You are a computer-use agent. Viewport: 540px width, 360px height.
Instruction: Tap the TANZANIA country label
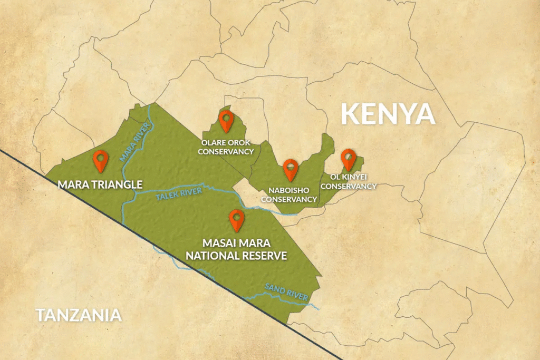(x=79, y=315)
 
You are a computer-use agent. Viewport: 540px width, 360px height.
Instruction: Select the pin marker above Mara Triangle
(x=100, y=161)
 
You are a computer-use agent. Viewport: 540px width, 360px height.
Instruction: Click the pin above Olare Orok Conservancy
(x=226, y=121)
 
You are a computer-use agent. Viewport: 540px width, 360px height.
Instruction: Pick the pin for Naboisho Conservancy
(x=290, y=170)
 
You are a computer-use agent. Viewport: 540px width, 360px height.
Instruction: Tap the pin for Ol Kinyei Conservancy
(x=348, y=159)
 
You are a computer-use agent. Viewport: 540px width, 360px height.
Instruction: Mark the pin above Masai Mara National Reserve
(x=237, y=219)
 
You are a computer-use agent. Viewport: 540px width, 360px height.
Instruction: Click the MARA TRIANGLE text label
(x=100, y=184)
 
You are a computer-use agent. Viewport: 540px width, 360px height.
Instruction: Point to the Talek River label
(x=179, y=194)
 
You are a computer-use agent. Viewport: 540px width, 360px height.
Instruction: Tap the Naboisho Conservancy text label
(x=289, y=194)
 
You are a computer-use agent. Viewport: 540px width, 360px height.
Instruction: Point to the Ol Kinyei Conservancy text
(x=349, y=181)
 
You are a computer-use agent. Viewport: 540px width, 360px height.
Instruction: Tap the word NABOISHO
(x=289, y=190)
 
